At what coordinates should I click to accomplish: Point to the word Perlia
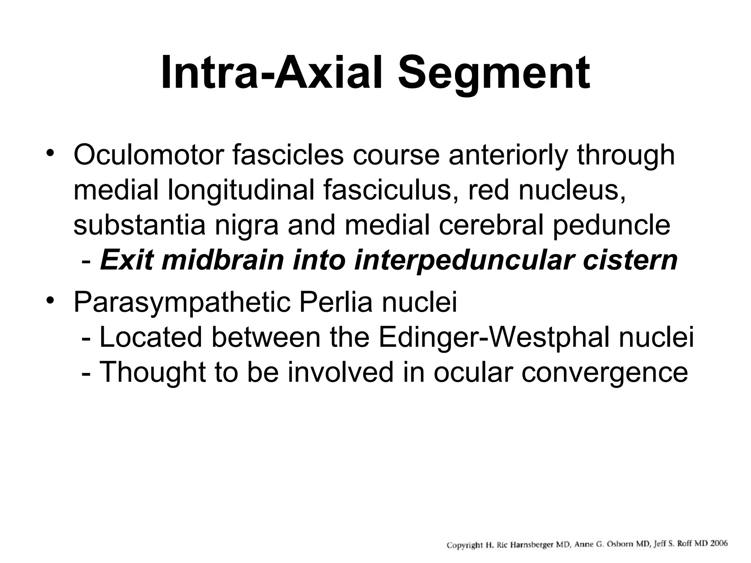[336, 302]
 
